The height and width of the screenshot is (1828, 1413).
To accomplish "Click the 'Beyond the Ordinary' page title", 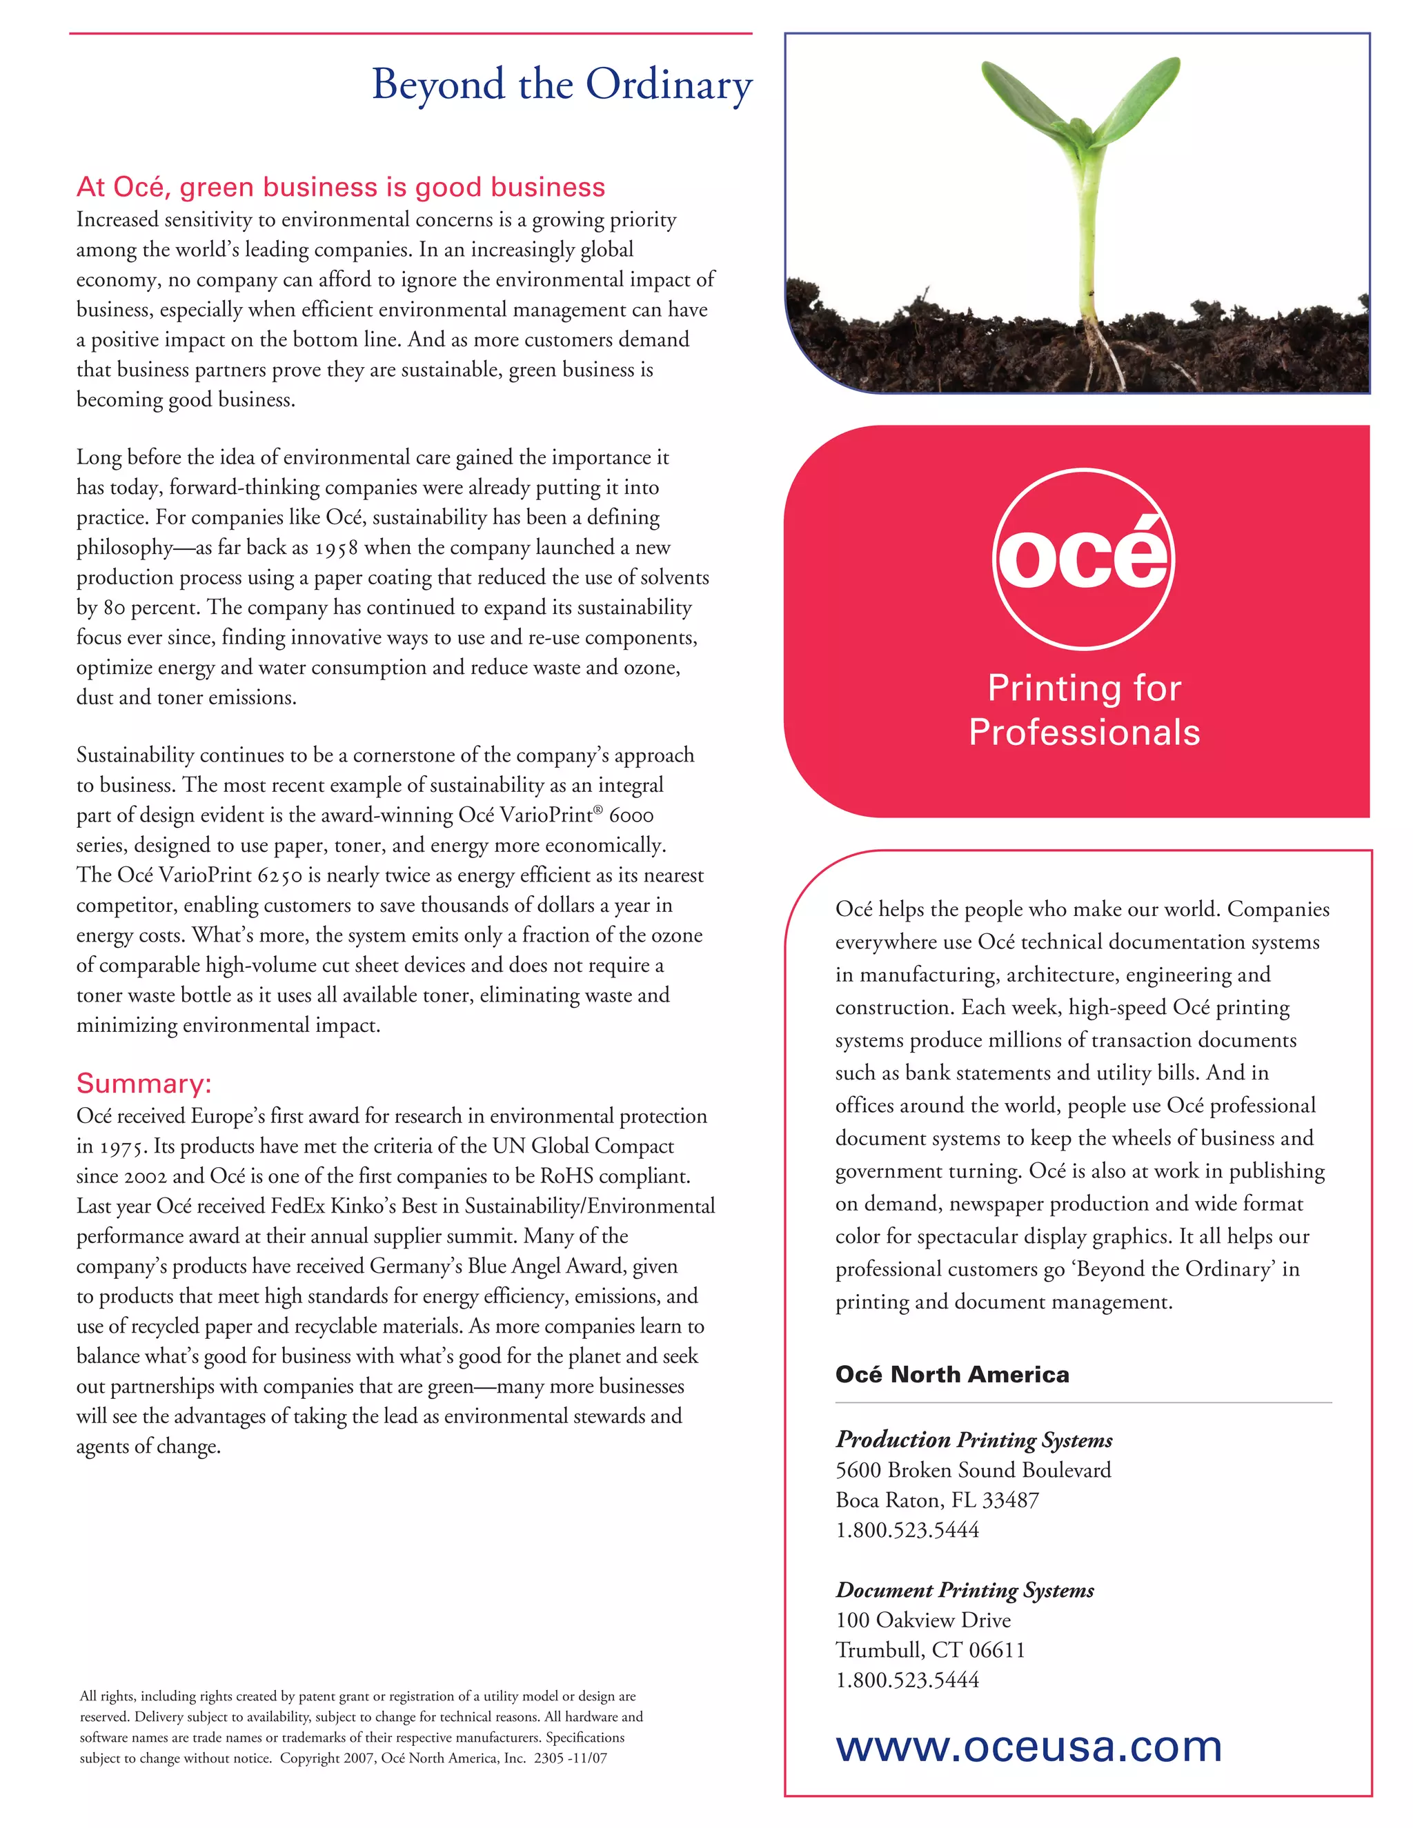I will point(562,86).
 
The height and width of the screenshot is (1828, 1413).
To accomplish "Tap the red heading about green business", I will point(341,187).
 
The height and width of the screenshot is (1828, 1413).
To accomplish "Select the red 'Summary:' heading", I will point(144,1083).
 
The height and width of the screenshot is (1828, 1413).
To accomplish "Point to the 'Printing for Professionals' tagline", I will point(1084,710).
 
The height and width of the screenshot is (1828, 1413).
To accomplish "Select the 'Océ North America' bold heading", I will point(951,1374).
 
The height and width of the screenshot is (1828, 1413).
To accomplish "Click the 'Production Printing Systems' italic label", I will point(974,1440).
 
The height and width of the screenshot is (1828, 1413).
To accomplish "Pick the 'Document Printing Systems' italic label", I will point(965,1589).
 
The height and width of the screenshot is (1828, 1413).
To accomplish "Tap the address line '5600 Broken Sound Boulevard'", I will point(973,1470).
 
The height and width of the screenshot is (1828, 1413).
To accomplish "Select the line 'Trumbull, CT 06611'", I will point(929,1650).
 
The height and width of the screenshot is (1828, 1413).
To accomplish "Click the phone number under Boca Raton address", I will point(907,1530).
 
